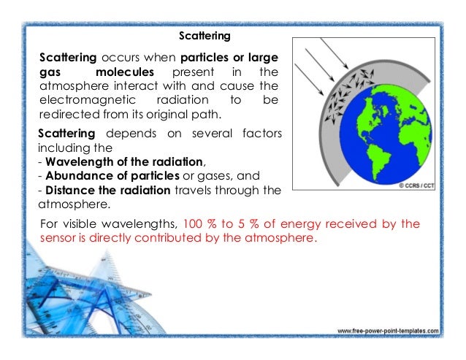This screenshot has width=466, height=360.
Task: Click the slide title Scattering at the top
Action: tap(205, 34)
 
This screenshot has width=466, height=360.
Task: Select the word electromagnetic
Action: tap(78, 101)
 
